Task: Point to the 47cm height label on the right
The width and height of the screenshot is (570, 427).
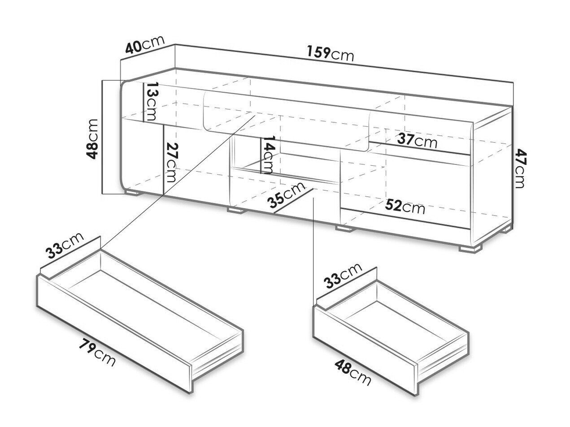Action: coord(521,168)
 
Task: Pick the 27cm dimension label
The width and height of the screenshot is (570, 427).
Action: coord(171,162)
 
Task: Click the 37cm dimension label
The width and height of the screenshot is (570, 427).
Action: coord(418,142)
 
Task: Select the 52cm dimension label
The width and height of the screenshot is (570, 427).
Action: coord(405,206)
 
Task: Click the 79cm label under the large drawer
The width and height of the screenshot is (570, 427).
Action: coord(96,352)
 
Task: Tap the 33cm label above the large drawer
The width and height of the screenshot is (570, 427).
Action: coord(65,245)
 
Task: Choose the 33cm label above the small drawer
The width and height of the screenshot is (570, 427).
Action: coord(343,276)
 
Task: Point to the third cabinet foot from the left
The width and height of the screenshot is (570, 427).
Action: coord(344,229)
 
